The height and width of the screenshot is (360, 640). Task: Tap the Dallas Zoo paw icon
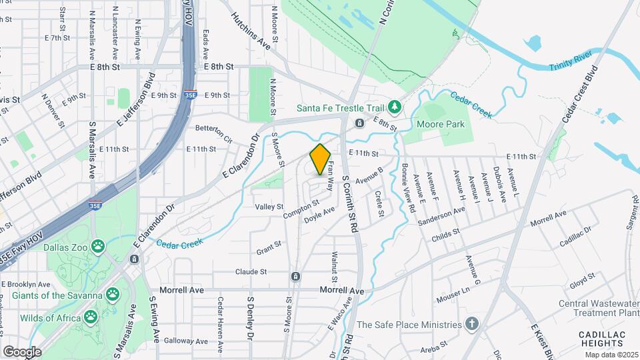point(98,247)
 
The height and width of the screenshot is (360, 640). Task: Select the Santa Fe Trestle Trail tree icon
point(395,106)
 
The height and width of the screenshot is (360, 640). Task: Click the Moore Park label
point(440,124)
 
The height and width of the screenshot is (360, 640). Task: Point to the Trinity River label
point(570,68)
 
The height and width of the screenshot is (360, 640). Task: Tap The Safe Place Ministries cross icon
point(472,325)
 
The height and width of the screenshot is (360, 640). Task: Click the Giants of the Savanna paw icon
point(113,295)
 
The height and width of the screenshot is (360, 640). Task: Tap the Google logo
point(22,351)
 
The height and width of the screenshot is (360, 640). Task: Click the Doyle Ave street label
point(319,213)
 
